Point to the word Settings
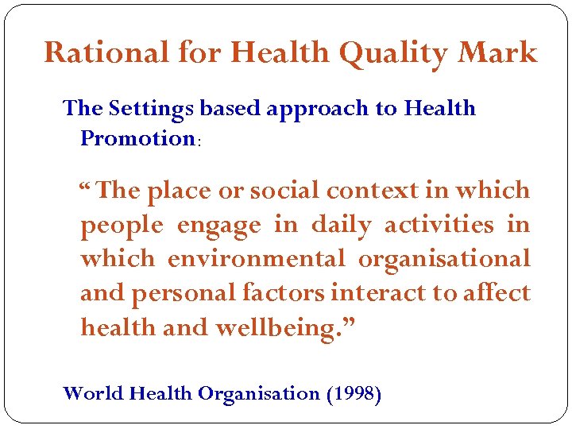pos(149,109)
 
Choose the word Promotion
pos(137,138)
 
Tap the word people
pos(120,226)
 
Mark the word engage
pos(218,226)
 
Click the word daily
pos(341,226)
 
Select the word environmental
pos(256,259)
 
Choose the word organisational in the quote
pos(444,259)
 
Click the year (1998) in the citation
pos(354,393)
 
